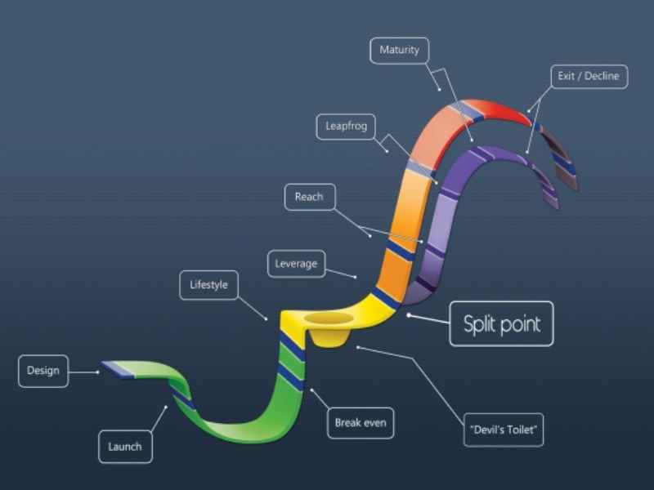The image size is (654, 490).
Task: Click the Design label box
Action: [x=43, y=371]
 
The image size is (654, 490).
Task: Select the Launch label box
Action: [x=125, y=447]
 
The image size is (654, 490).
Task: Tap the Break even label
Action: [x=360, y=423]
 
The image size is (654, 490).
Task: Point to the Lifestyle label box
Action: [x=208, y=285]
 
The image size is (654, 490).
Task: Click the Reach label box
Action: [x=309, y=197]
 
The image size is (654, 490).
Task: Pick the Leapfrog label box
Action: [x=346, y=127]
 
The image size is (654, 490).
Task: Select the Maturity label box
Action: [x=399, y=51]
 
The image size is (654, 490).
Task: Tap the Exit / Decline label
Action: [x=589, y=77]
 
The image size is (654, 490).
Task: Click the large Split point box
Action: [x=501, y=323]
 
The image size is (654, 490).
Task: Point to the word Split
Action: [x=480, y=323]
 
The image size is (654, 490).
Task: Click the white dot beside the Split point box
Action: [x=408, y=315]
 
